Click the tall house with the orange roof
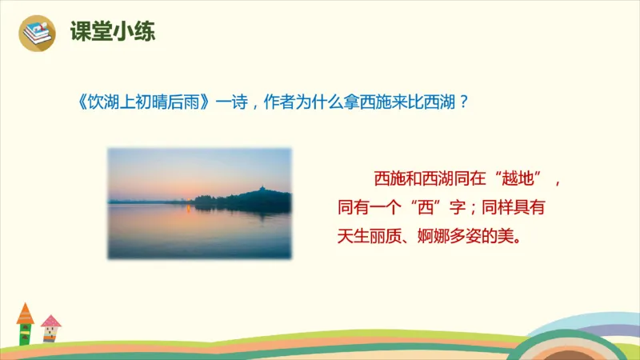click(25, 323)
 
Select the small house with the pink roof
click(50, 328)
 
